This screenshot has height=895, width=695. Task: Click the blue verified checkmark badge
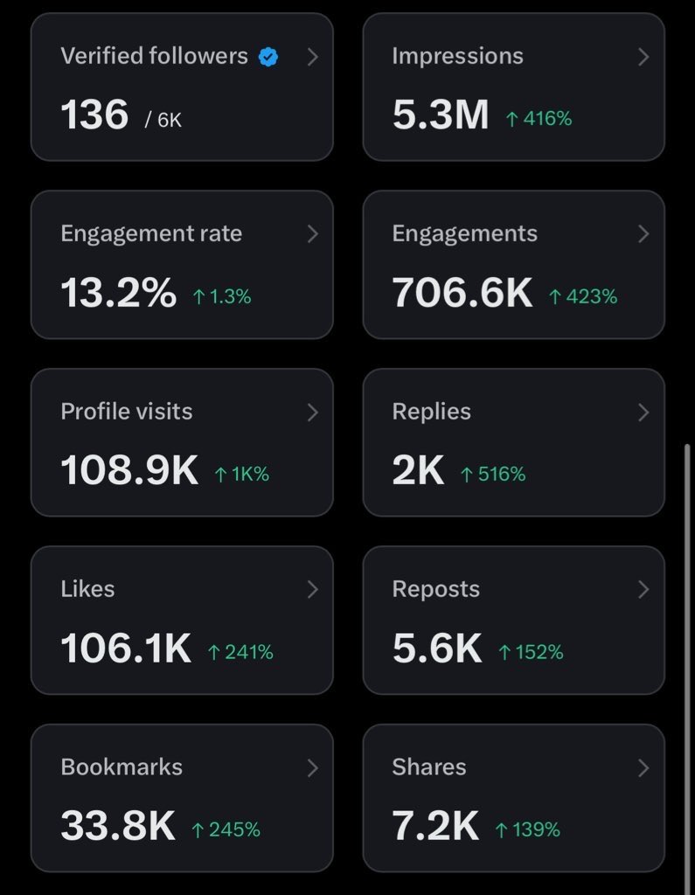(268, 58)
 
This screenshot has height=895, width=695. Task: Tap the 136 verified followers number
(94, 115)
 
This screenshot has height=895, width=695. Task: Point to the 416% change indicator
(539, 119)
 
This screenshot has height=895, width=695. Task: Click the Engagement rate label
(151, 233)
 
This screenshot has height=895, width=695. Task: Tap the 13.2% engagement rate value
(118, 294)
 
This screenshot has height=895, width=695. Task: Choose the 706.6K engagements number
(462, 294)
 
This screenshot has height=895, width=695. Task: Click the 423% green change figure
(583, 297)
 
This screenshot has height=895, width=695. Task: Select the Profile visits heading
(127, 412)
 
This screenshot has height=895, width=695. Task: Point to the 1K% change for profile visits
(242, 475)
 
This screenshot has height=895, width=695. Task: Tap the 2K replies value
(418, 471)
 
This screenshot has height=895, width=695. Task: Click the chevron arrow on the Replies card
(643, 412)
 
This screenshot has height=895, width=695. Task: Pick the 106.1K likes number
(126, 649)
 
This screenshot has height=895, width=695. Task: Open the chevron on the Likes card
(312, 590)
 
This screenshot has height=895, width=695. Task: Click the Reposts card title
(435, 589)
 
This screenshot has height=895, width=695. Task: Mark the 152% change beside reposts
(531, 652)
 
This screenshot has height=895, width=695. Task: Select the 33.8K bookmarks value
(118, 826)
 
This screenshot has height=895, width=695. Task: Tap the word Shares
(428, 767)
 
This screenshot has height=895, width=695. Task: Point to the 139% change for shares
(527, 829)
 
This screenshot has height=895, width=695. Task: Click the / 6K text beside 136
(163, 120)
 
